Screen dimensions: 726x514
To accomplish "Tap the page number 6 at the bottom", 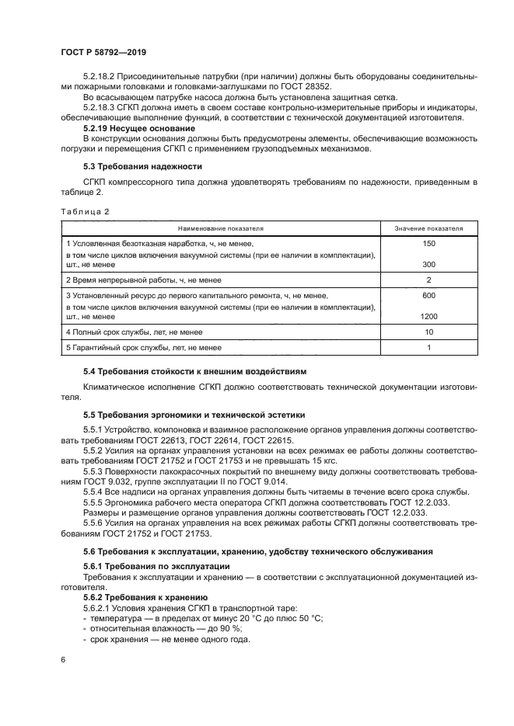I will point(62,659).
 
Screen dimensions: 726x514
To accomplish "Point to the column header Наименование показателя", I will point(221,229).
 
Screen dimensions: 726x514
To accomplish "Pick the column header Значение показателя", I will point(428,229).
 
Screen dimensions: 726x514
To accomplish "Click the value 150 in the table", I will point(428,244).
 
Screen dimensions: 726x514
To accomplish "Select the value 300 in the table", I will point(428,265).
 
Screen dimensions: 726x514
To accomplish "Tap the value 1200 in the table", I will point(428,317).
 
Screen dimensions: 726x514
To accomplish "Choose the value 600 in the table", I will point(428,296).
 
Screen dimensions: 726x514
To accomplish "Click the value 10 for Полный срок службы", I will point(428,332).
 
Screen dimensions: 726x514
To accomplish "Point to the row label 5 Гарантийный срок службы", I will point(143,348).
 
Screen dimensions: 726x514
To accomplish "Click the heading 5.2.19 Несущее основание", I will point(139,127).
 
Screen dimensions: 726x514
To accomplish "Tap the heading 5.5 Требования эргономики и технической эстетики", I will point(194,414).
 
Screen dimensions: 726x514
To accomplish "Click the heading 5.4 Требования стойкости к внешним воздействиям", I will point(195,372).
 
